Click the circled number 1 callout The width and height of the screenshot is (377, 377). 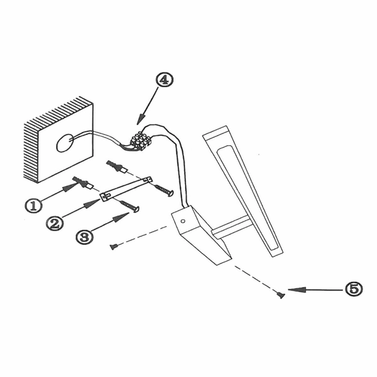34,205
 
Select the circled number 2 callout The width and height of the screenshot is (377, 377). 55,223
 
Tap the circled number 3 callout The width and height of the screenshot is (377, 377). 84,237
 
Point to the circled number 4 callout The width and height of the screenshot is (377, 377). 165,80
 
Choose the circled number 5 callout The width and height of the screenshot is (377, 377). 353,289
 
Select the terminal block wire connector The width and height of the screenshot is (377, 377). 140,141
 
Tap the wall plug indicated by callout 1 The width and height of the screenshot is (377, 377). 82,183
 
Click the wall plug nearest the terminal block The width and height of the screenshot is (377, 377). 117,167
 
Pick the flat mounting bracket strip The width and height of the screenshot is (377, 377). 126,189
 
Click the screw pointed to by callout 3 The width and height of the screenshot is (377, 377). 130,207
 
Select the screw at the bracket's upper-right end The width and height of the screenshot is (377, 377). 164,190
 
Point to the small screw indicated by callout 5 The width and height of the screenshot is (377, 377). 281,295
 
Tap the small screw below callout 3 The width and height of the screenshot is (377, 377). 114,246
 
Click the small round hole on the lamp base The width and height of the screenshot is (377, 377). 183,221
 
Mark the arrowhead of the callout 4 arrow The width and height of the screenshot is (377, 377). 141,119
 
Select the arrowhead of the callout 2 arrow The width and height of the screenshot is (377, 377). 91,204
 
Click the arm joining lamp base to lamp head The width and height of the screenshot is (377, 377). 229,227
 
